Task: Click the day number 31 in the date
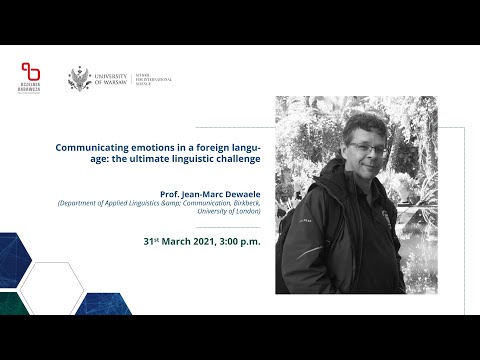coord(147,242)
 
